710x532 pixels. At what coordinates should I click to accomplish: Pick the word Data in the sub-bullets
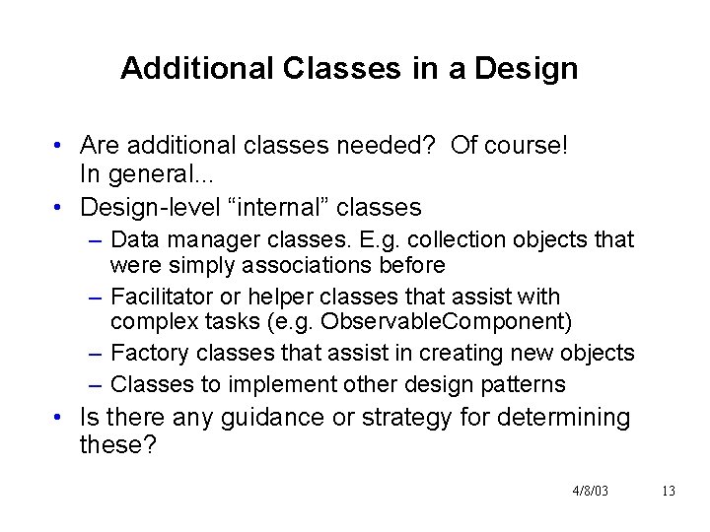click(132, 240)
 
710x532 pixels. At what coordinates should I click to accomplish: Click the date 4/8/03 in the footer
click(590, 491)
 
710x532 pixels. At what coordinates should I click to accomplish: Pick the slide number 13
click(669, 491)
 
